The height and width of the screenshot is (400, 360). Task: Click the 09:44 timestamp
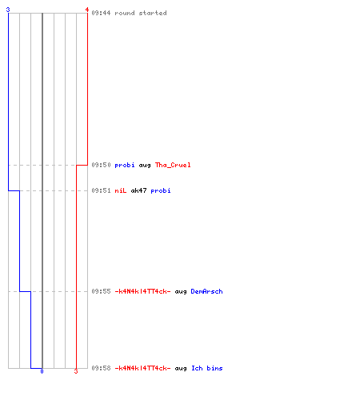point(101,13)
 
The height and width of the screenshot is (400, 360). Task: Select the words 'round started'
point(141,13)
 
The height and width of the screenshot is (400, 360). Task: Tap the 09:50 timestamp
point(101,165)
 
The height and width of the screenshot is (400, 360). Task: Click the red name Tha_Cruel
point(173,165)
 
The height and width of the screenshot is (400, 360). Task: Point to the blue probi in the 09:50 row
point(125,166)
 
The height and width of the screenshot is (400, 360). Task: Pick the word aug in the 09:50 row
point(145,166)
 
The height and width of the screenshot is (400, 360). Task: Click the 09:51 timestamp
point(101,190)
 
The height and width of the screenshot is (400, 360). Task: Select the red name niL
point(121,190)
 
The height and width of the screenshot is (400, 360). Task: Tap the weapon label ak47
point(138,190)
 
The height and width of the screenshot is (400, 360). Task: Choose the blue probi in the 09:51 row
point(161,190)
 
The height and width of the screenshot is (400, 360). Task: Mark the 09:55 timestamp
point(101,291)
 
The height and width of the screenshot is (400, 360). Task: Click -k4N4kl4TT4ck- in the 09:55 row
point(142,291)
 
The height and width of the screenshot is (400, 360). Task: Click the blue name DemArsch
point(206,291)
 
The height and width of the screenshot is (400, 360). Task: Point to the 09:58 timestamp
point(101,368)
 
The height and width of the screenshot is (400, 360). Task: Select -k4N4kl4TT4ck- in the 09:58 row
point(142,368)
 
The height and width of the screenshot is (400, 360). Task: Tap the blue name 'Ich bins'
point(207,368)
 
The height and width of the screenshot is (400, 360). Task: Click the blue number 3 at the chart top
point(8,10)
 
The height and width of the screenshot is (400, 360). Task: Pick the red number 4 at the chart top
point(87,10)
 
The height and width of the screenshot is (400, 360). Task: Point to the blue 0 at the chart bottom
point(42,371)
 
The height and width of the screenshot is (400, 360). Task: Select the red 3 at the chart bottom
point(76,371)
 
